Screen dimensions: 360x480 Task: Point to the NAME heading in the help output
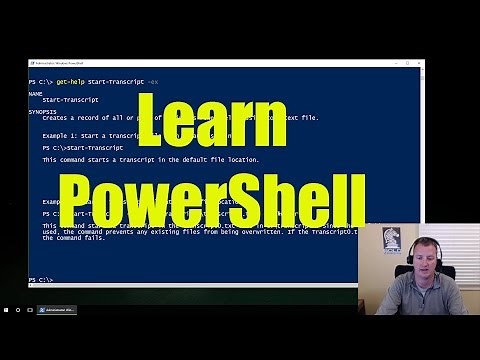point(35,92)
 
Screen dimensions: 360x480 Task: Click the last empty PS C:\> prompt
point(40,279)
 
